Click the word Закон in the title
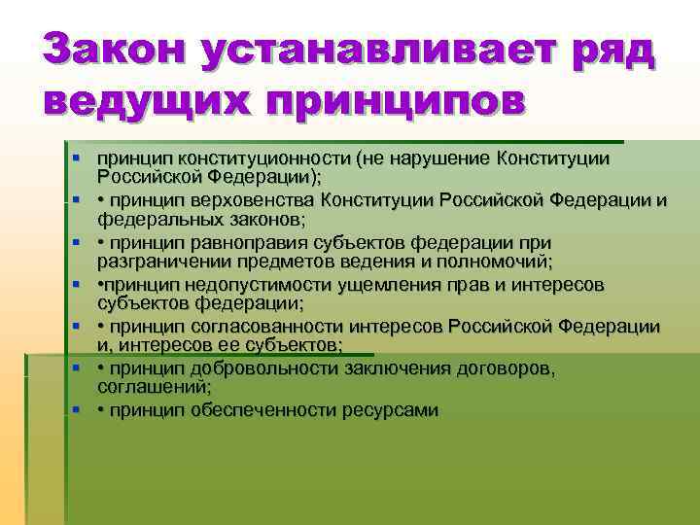pyautogui.click(x=110, y=49)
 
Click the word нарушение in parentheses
pyautogui.click(x=441, y=157)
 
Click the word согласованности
pyautogui.click(x=271, y=327)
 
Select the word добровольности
pyautogui.click(x=270, y=368)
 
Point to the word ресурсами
pyautogui.click(x=390, y=410)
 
